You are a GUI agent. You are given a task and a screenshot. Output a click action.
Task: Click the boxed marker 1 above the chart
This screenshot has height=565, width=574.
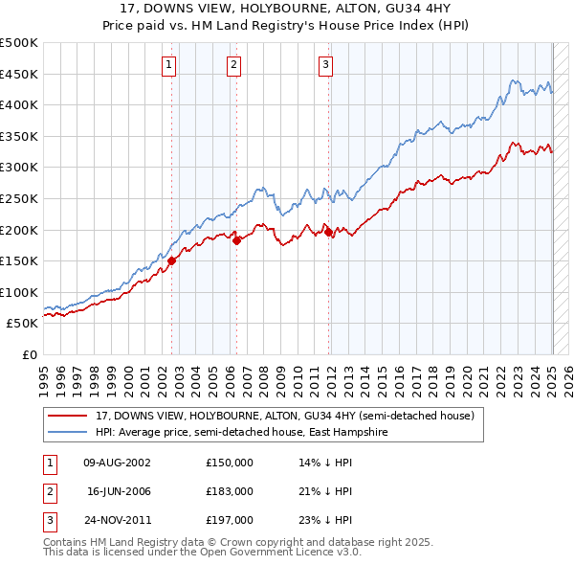coord(168,65)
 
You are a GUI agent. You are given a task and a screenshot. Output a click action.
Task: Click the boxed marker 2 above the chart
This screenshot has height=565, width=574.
coord(233,65)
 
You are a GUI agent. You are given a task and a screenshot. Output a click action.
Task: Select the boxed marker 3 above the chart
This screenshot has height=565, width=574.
coord(325,65)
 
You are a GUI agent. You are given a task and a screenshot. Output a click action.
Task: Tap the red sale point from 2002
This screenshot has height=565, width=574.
coord(172,260)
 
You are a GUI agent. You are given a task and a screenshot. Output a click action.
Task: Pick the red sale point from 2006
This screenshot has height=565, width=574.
coord(236,240)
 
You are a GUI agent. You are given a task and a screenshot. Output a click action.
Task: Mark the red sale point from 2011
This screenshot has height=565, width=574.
coord(328,232)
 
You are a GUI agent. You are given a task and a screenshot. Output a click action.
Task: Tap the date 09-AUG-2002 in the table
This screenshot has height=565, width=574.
coord(118,463)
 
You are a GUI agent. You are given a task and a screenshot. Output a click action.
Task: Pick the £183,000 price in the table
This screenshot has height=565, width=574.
coord(230,491)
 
